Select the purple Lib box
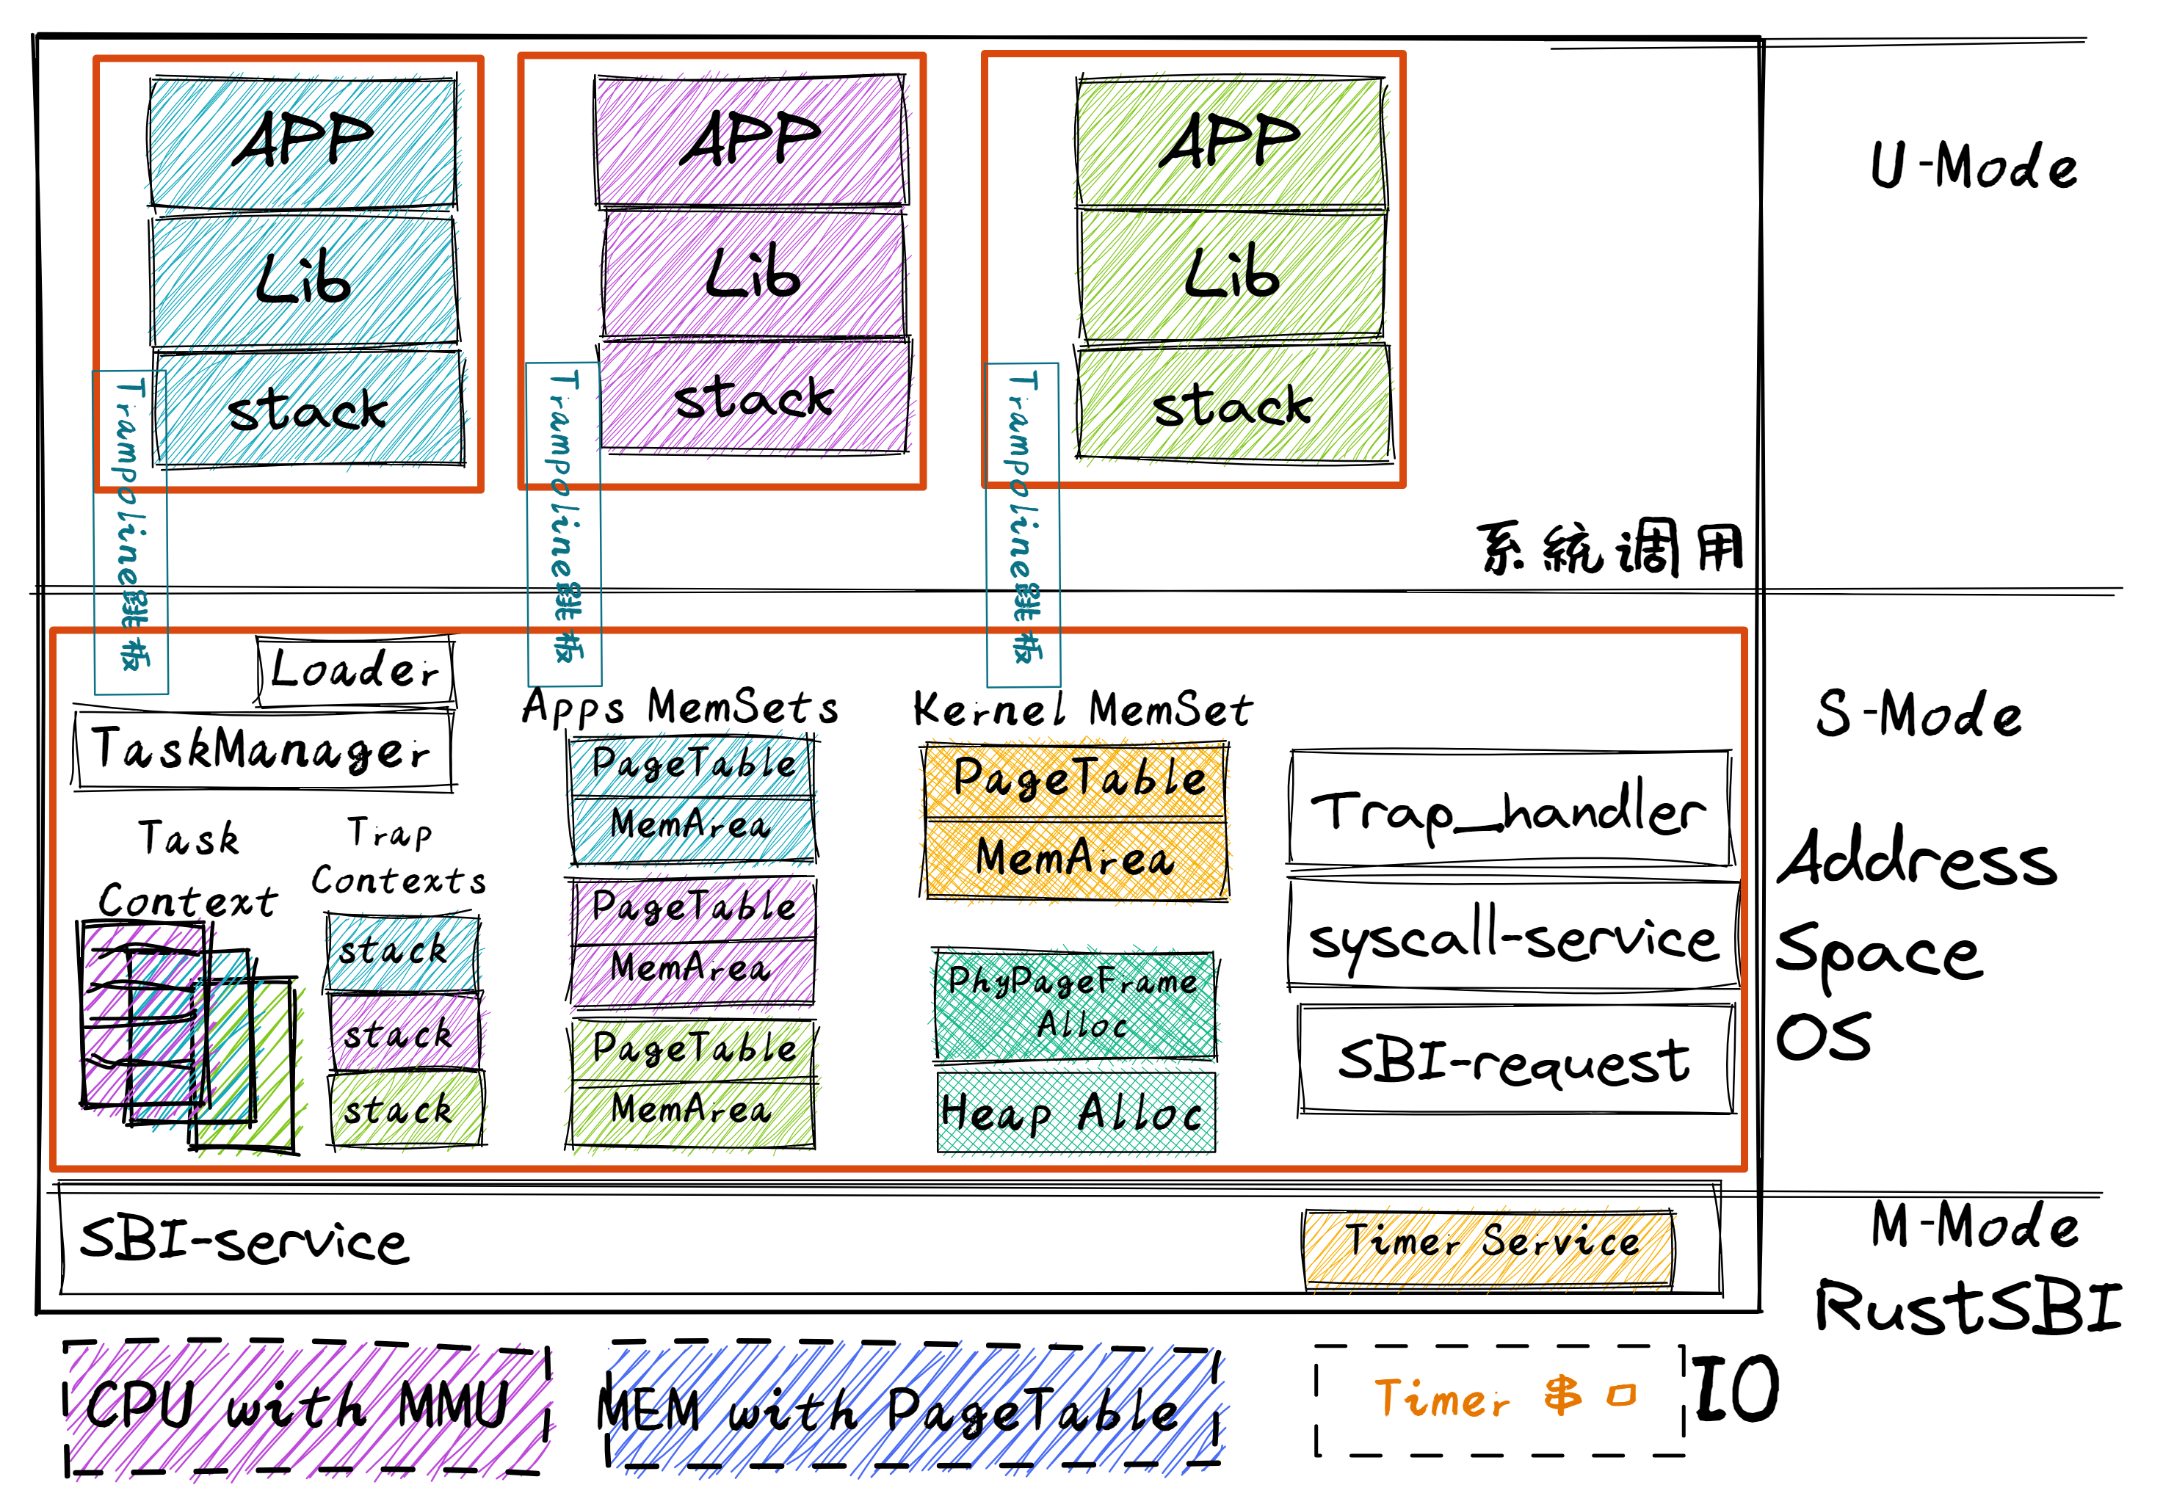tap(753, 273)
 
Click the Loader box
tap(355, 671)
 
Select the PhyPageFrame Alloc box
tap(1074, 1004)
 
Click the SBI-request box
tap(1515, 1060)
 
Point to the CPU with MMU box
tap(306, 1407)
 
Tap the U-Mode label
tap(1974, 167)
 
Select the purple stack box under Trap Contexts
tap(402, 1034)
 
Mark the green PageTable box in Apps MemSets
tap(692, 1048)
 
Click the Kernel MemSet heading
tap(1082, 709)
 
